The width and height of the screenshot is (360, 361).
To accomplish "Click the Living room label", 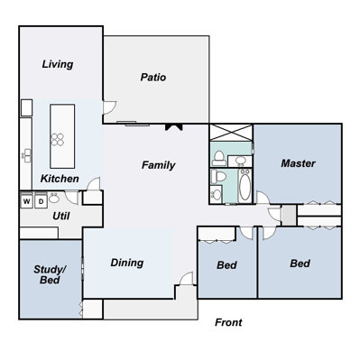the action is pyautogui.click(x=58, y=64).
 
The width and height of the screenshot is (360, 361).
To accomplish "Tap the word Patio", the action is pyautogui.click(x=153, y=78).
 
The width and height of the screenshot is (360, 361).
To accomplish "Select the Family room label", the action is pyautogui.click(x=159, y=165).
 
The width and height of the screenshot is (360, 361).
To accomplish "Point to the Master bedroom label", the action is pyautogui.click(x=298, y=163).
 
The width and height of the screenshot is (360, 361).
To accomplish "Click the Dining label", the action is pyautogui.click(x=127, y=263).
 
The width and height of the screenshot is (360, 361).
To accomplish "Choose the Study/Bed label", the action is pyautogui.click(x=50, y=274).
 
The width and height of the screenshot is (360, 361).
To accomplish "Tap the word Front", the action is pyautogui.click(x=228, y=322).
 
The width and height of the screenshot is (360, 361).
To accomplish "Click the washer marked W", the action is pyautogui.click(x=26, y=201).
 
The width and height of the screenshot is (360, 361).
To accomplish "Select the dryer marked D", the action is pyautogui.click(x=41, y=201).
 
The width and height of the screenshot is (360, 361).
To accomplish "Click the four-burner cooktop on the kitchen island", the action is pyautogui.click(x=57, y=140).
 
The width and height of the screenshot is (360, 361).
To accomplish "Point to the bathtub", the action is pyautogui.click(x=245, y=186).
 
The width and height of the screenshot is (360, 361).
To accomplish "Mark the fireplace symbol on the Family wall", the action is pyautogui.click(x=174, y=127).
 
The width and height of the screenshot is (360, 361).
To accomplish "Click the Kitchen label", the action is pyautogui.click(x=60, y=179).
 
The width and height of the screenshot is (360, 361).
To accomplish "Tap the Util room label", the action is pyautogui.click(x=61, y=216).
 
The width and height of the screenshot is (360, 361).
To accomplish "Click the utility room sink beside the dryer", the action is pyautogui.click(x=54, y=199).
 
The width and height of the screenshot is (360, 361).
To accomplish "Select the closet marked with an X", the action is pyautogui.click(x=231, y=133).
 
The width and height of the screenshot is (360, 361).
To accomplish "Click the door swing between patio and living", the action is pyautogui.click(x=109, y=107).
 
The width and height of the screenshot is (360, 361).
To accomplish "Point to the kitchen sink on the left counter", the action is pyautogui.click(x=26, y=155).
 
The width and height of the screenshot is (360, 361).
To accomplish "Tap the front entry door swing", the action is pyautogui.click(x=186, y=279).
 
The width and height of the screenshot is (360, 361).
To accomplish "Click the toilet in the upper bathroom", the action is pyautogui.click(x=218, y=158).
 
